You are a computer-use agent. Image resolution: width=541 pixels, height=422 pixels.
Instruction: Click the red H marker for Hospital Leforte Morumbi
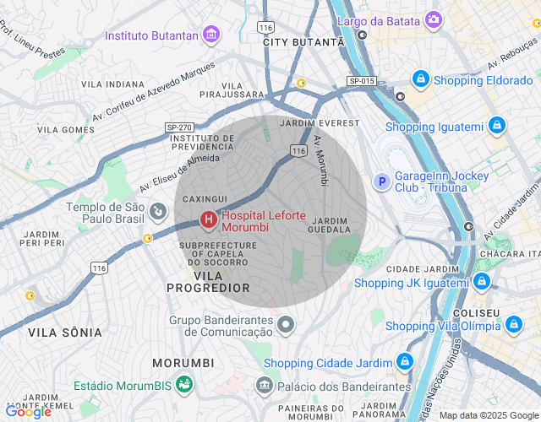[207, 220]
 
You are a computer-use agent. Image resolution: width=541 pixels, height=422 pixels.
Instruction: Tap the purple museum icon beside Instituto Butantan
[210, 35]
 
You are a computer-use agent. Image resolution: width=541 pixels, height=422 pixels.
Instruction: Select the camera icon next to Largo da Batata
[434, 19]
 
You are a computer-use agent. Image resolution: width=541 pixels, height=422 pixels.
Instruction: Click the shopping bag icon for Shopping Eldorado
[420, 80]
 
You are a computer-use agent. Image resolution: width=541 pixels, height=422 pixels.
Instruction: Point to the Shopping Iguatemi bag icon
[497, 127]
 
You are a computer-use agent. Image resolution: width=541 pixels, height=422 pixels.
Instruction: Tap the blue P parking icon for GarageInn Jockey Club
[381, 181]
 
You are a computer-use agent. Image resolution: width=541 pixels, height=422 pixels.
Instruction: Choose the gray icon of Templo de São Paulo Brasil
[157, 209]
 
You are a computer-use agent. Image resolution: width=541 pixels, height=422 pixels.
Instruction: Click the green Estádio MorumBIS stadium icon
[184, 385]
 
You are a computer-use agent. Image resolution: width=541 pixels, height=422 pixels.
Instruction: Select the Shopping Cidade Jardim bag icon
[405, 363]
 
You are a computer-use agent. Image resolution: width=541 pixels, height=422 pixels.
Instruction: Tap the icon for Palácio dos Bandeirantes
[265, 387]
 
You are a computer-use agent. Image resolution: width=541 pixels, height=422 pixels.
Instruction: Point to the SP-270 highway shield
[178, 127]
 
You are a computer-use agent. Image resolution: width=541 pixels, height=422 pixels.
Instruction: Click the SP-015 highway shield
[359, 80]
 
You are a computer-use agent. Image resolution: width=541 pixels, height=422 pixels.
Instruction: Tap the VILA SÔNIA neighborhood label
[65, 333]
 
